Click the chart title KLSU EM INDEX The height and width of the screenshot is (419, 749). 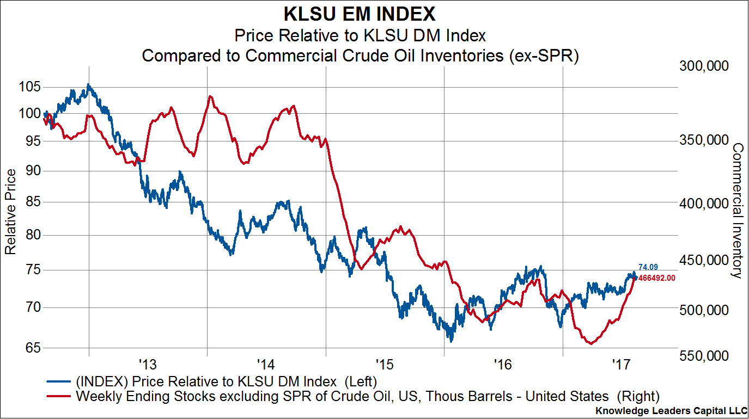coord(360,14)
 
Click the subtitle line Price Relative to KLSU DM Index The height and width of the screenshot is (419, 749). coord(360,36)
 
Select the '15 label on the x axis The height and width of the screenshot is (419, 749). coord(385,363)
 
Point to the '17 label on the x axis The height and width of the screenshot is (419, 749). coord(621,363)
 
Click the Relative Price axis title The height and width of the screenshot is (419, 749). coord(10,211)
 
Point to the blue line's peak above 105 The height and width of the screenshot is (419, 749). coord(88,85)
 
